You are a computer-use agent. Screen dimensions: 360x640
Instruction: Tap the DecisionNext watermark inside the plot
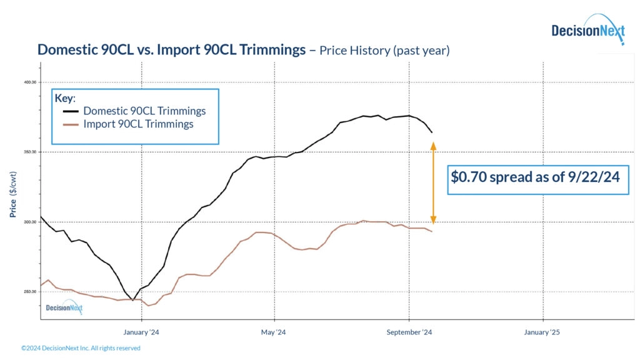click(x=64, y=307)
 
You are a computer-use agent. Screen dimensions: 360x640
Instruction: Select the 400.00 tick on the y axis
click(x=29, y=82)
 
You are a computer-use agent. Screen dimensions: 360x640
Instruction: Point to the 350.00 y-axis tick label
click(x=29, y=152)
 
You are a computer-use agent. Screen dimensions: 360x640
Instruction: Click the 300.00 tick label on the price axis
click(x=29, y=222)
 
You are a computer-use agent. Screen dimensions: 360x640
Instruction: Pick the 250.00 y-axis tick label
click(x=29, y=292)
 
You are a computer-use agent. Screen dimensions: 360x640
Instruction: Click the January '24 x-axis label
click(x=142, y=332)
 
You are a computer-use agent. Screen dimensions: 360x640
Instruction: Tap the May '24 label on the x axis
click(x=273, y=332)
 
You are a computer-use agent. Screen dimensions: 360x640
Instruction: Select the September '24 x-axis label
click(x=410, y=332)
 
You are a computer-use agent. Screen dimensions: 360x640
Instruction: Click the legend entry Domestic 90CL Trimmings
click(x=144, y=111)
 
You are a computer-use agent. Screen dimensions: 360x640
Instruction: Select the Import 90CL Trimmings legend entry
click(x=138, y=124)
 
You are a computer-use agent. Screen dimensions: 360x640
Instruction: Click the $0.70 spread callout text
click(x=535, y=177)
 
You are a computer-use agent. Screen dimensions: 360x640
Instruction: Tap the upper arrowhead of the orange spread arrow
click(x=433, y=146)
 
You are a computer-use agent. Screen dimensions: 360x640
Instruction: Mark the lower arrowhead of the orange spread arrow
click(x=433, y=220)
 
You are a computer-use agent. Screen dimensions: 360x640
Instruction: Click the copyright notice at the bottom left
click(x=81, y=348)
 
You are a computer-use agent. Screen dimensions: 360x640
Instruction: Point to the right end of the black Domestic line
click(x=432, y=132)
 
